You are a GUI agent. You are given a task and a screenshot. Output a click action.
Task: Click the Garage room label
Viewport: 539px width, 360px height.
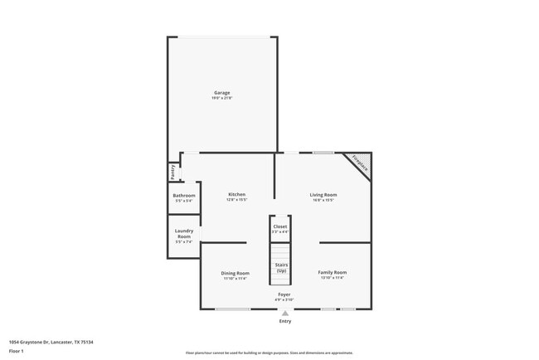tap(222, 92)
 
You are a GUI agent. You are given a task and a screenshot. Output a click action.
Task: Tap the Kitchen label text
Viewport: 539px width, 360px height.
tap(236, 195)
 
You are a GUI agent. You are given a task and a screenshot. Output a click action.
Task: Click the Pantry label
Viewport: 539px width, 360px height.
tap(172, 172)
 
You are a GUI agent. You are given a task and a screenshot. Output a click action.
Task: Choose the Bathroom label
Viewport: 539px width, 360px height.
tap(184, 196)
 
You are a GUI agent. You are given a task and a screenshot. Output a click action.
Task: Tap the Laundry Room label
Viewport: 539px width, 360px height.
tap(184, 234)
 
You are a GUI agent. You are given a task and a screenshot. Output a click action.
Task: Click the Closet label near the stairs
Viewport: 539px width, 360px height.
tap(280, 226)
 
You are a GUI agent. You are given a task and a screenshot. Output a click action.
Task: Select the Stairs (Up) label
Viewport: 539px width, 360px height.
tap(281, 267)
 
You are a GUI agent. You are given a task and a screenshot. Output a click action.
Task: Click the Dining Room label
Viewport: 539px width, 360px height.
tap(235, 273)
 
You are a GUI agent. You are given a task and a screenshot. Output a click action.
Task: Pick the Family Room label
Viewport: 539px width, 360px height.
tap(333, 272)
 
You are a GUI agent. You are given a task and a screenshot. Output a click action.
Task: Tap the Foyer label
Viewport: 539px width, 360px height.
tap(284, 294)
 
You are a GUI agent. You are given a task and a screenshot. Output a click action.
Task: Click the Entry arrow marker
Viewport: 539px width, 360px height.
tap(285, 313)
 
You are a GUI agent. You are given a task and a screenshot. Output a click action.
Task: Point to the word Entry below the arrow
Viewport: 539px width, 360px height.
tap(285, 321)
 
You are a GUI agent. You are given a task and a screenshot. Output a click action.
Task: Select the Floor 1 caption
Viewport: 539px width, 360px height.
tap(17, 351)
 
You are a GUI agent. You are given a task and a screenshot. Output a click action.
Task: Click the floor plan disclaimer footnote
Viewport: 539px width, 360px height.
tap(269, 353)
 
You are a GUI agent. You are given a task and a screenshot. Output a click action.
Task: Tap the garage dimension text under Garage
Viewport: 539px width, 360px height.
tap(222, 98)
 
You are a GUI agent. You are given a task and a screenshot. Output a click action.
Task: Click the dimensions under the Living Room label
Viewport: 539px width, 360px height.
tap(323, 200)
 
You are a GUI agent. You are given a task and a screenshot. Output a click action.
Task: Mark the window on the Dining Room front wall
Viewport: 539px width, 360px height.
tap(233, 309)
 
